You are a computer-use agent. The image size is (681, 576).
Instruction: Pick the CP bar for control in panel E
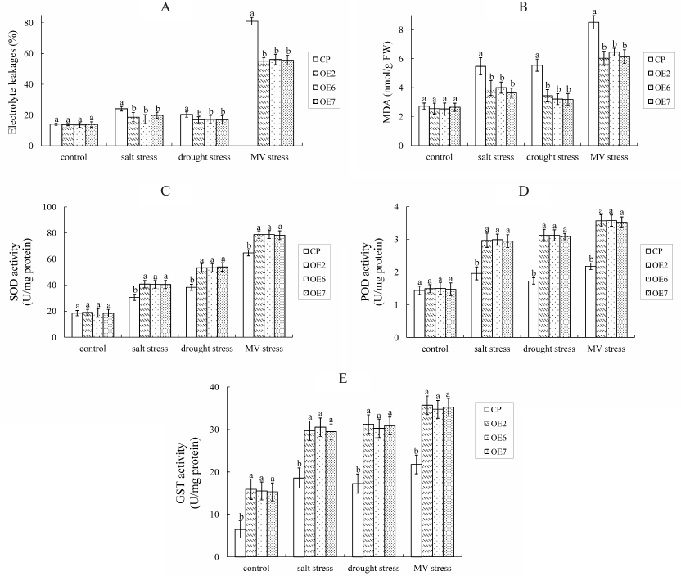pyautogui.click(x=241, y=542)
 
